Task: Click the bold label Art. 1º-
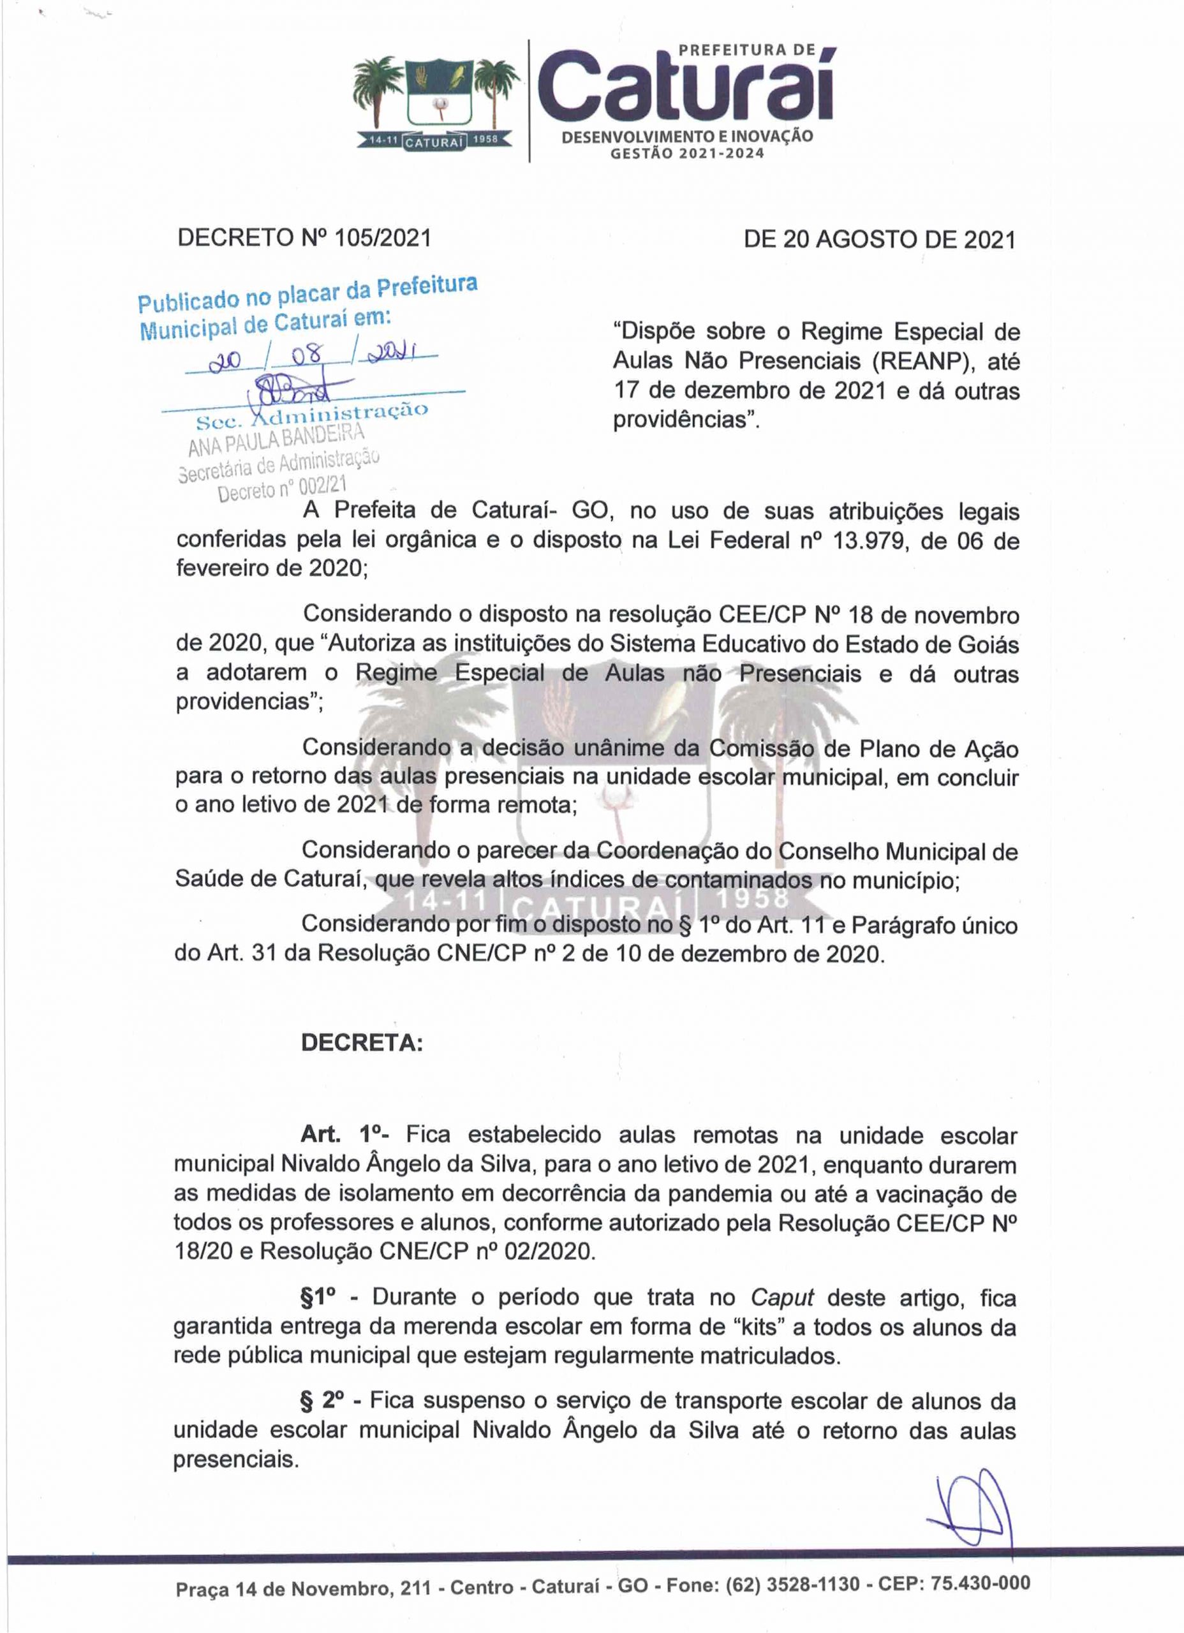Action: point(346,1135)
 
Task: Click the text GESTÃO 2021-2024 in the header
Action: point(687,152)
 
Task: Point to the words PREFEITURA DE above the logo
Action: point(748,50)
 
